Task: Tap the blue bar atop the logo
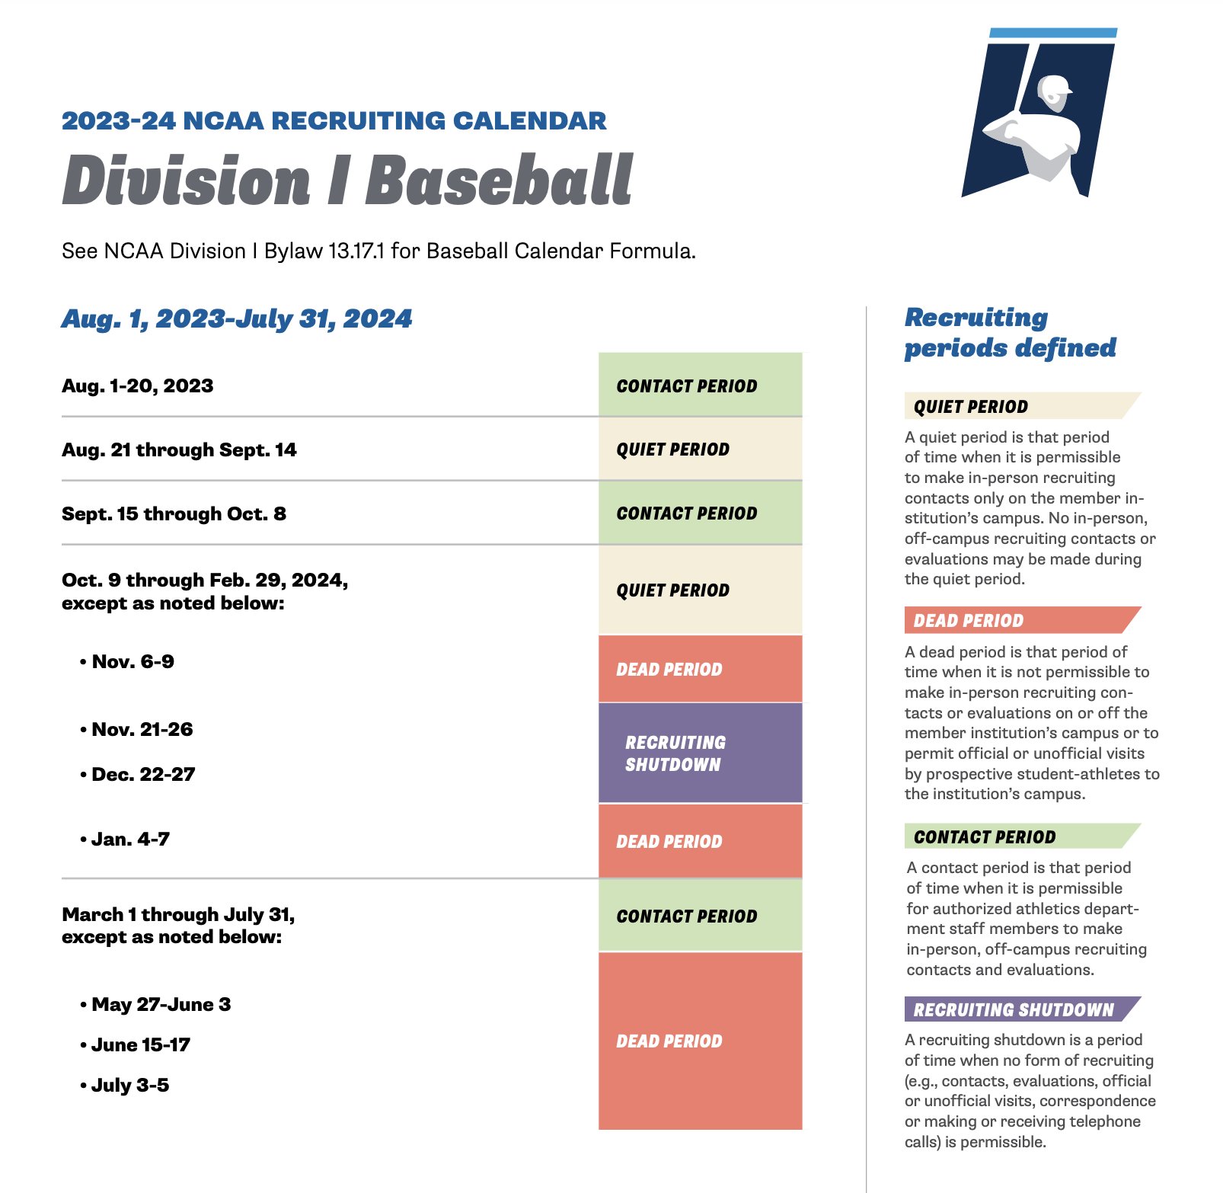coord(1052,33)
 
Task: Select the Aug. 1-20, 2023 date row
coord(138,385)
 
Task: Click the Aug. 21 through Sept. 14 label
coord(179,449)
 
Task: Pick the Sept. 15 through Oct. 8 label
coord(174,513)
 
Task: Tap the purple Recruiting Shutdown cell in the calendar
coord(700,753)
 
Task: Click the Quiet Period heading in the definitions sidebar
coord(971,407)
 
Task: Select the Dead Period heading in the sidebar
coord(969,621)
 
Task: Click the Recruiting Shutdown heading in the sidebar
coord(1014,1009)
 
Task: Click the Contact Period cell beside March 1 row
coord(700,916)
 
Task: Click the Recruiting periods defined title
coord(1010,332)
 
